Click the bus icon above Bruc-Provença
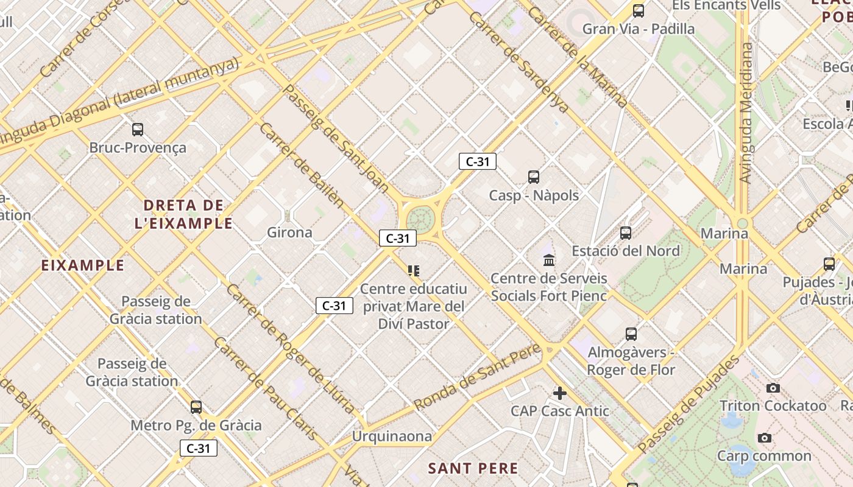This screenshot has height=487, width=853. (x=138, y=129)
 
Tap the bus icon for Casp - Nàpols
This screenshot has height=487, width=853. (x=534, y=177)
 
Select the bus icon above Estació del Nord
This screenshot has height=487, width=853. (x=626, y=233)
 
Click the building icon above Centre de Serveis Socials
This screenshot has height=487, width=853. (x=549, y=260)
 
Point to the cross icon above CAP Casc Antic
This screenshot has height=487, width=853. (x=560, y=393)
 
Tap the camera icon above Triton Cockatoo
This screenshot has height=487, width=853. (x=773, y=388)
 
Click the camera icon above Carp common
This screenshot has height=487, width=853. (x=764, y=438)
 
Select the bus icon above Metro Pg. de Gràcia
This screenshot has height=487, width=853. (x=196, y=407)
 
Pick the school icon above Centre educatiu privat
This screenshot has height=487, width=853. (x=414, y=270)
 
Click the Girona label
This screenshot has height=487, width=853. (x=290, y=232)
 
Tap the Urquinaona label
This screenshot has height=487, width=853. (x=392, y=436)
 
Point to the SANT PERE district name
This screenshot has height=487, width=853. (x=473, y=468)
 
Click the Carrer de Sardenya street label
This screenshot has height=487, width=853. (x=519, y=61)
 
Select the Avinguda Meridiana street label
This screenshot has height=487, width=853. (x=746, y=113)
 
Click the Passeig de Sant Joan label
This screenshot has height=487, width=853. (x=336, y=138)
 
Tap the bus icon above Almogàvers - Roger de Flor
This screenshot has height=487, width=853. (x=631, y=334)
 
